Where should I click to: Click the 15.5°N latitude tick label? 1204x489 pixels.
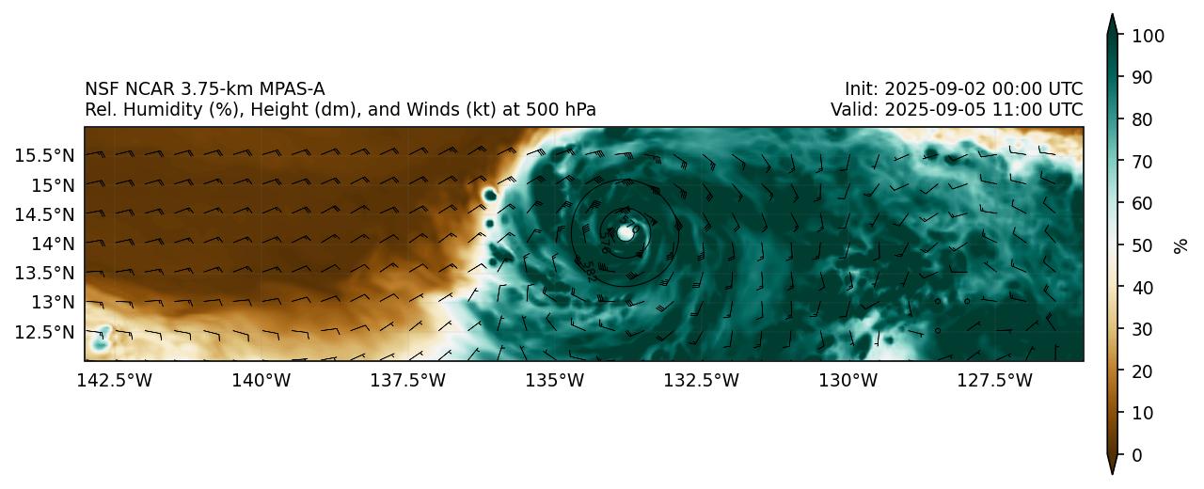point(43,154)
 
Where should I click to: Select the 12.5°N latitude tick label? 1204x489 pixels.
point(43,331)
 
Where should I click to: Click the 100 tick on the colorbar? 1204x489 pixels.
point(1148,36)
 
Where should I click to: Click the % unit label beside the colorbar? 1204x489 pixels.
point(1180,245)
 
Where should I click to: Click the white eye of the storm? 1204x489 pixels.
point(626,232)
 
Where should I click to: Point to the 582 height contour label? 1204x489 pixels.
point(588,272)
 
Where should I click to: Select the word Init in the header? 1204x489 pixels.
point(859,89)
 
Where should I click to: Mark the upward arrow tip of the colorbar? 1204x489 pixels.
point(1112,16)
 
